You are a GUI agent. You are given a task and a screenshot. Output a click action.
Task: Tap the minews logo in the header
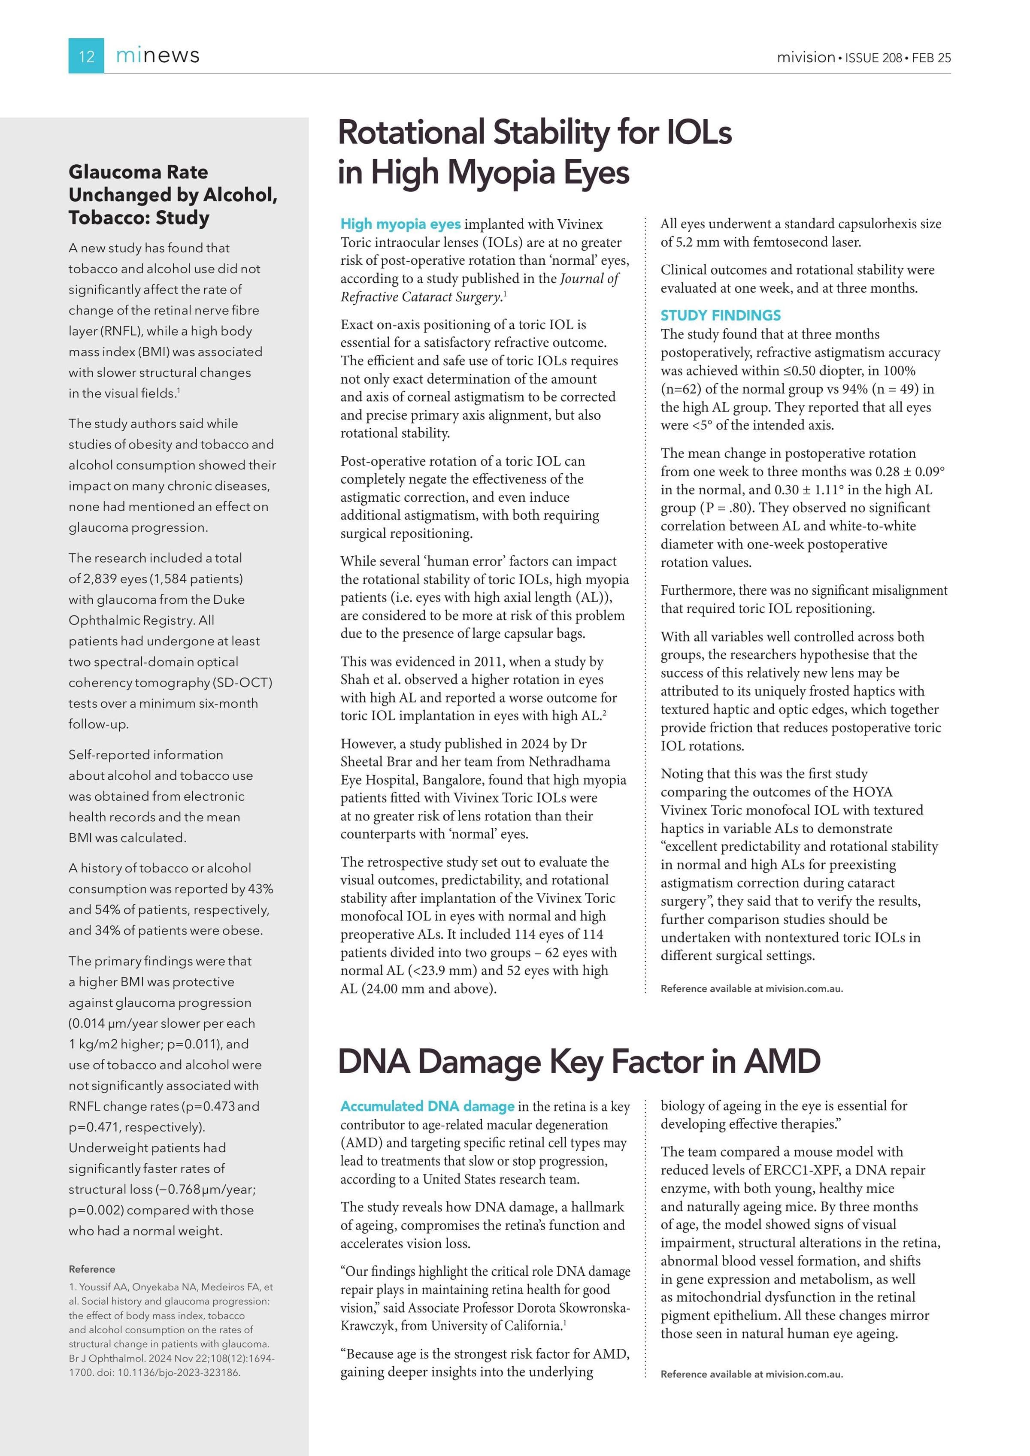[x=158, y=56]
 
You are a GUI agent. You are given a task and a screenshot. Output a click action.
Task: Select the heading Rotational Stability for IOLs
[x=535, y=133]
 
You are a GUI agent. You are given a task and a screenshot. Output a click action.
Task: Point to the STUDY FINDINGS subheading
[x=721, y=315]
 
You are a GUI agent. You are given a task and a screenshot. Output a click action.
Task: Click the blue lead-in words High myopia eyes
[x=400, y=224]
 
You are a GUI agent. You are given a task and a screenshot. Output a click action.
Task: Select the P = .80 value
[x=727, y=508]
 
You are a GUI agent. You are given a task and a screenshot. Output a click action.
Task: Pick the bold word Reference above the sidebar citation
[x=92, y=1269]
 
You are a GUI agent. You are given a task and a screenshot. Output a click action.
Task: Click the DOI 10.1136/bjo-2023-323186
[x=178, y=1373]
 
